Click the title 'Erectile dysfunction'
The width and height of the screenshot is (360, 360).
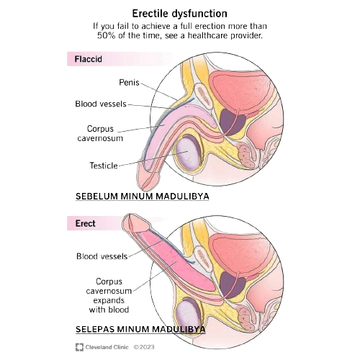point(179,14)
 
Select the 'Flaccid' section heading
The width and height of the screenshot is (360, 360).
point(88,59)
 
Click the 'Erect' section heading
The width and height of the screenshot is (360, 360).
point(85,223)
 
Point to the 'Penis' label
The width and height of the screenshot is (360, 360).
point(129,83)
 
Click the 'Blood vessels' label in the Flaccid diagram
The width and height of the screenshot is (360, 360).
point(101,104)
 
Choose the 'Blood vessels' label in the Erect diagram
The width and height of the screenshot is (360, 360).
point(102,256)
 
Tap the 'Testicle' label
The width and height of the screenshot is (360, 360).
point(104,166)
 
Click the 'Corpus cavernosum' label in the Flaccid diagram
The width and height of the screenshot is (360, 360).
point(100,133)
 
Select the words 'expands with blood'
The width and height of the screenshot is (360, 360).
point(109,305)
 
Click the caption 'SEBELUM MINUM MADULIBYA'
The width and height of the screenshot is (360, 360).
point(143,197)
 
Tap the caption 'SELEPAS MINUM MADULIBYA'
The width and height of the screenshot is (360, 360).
point(140,329)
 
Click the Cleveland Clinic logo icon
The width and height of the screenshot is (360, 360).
point(79,347)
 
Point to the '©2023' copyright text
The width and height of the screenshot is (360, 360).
point(144,347)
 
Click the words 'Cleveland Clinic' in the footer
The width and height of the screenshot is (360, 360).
point(107,347)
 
